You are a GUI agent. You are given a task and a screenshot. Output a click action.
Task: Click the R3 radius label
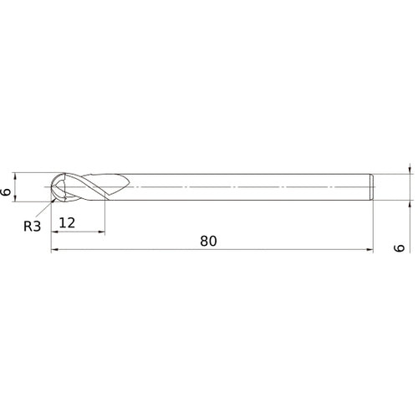(32, 225)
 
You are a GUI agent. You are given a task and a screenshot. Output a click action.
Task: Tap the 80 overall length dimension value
(208, 241)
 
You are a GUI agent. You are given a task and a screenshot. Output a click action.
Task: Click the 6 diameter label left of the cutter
(7, 192)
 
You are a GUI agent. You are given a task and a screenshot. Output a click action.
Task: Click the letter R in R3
(28, 225)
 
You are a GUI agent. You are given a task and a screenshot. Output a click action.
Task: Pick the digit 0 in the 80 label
(213, 241)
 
